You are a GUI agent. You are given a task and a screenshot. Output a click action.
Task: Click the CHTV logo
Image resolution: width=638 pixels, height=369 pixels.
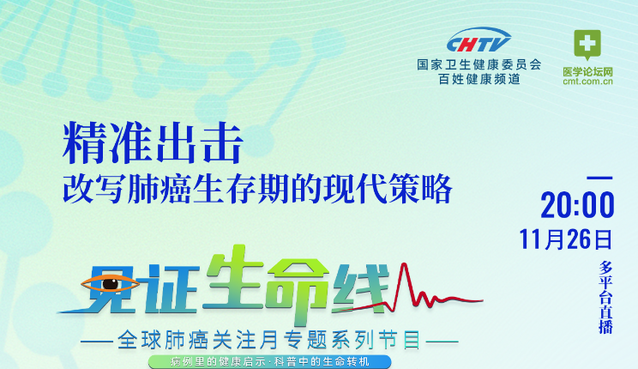click(x=478, y=41)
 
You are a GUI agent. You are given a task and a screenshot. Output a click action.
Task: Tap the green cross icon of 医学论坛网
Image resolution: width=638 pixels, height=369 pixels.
click(x=587, y=44)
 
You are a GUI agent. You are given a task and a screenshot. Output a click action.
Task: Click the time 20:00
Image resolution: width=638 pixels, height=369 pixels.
click(x=577, y=206)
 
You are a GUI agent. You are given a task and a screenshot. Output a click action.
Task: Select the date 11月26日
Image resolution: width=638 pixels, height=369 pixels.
click(x=566, y=238)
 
